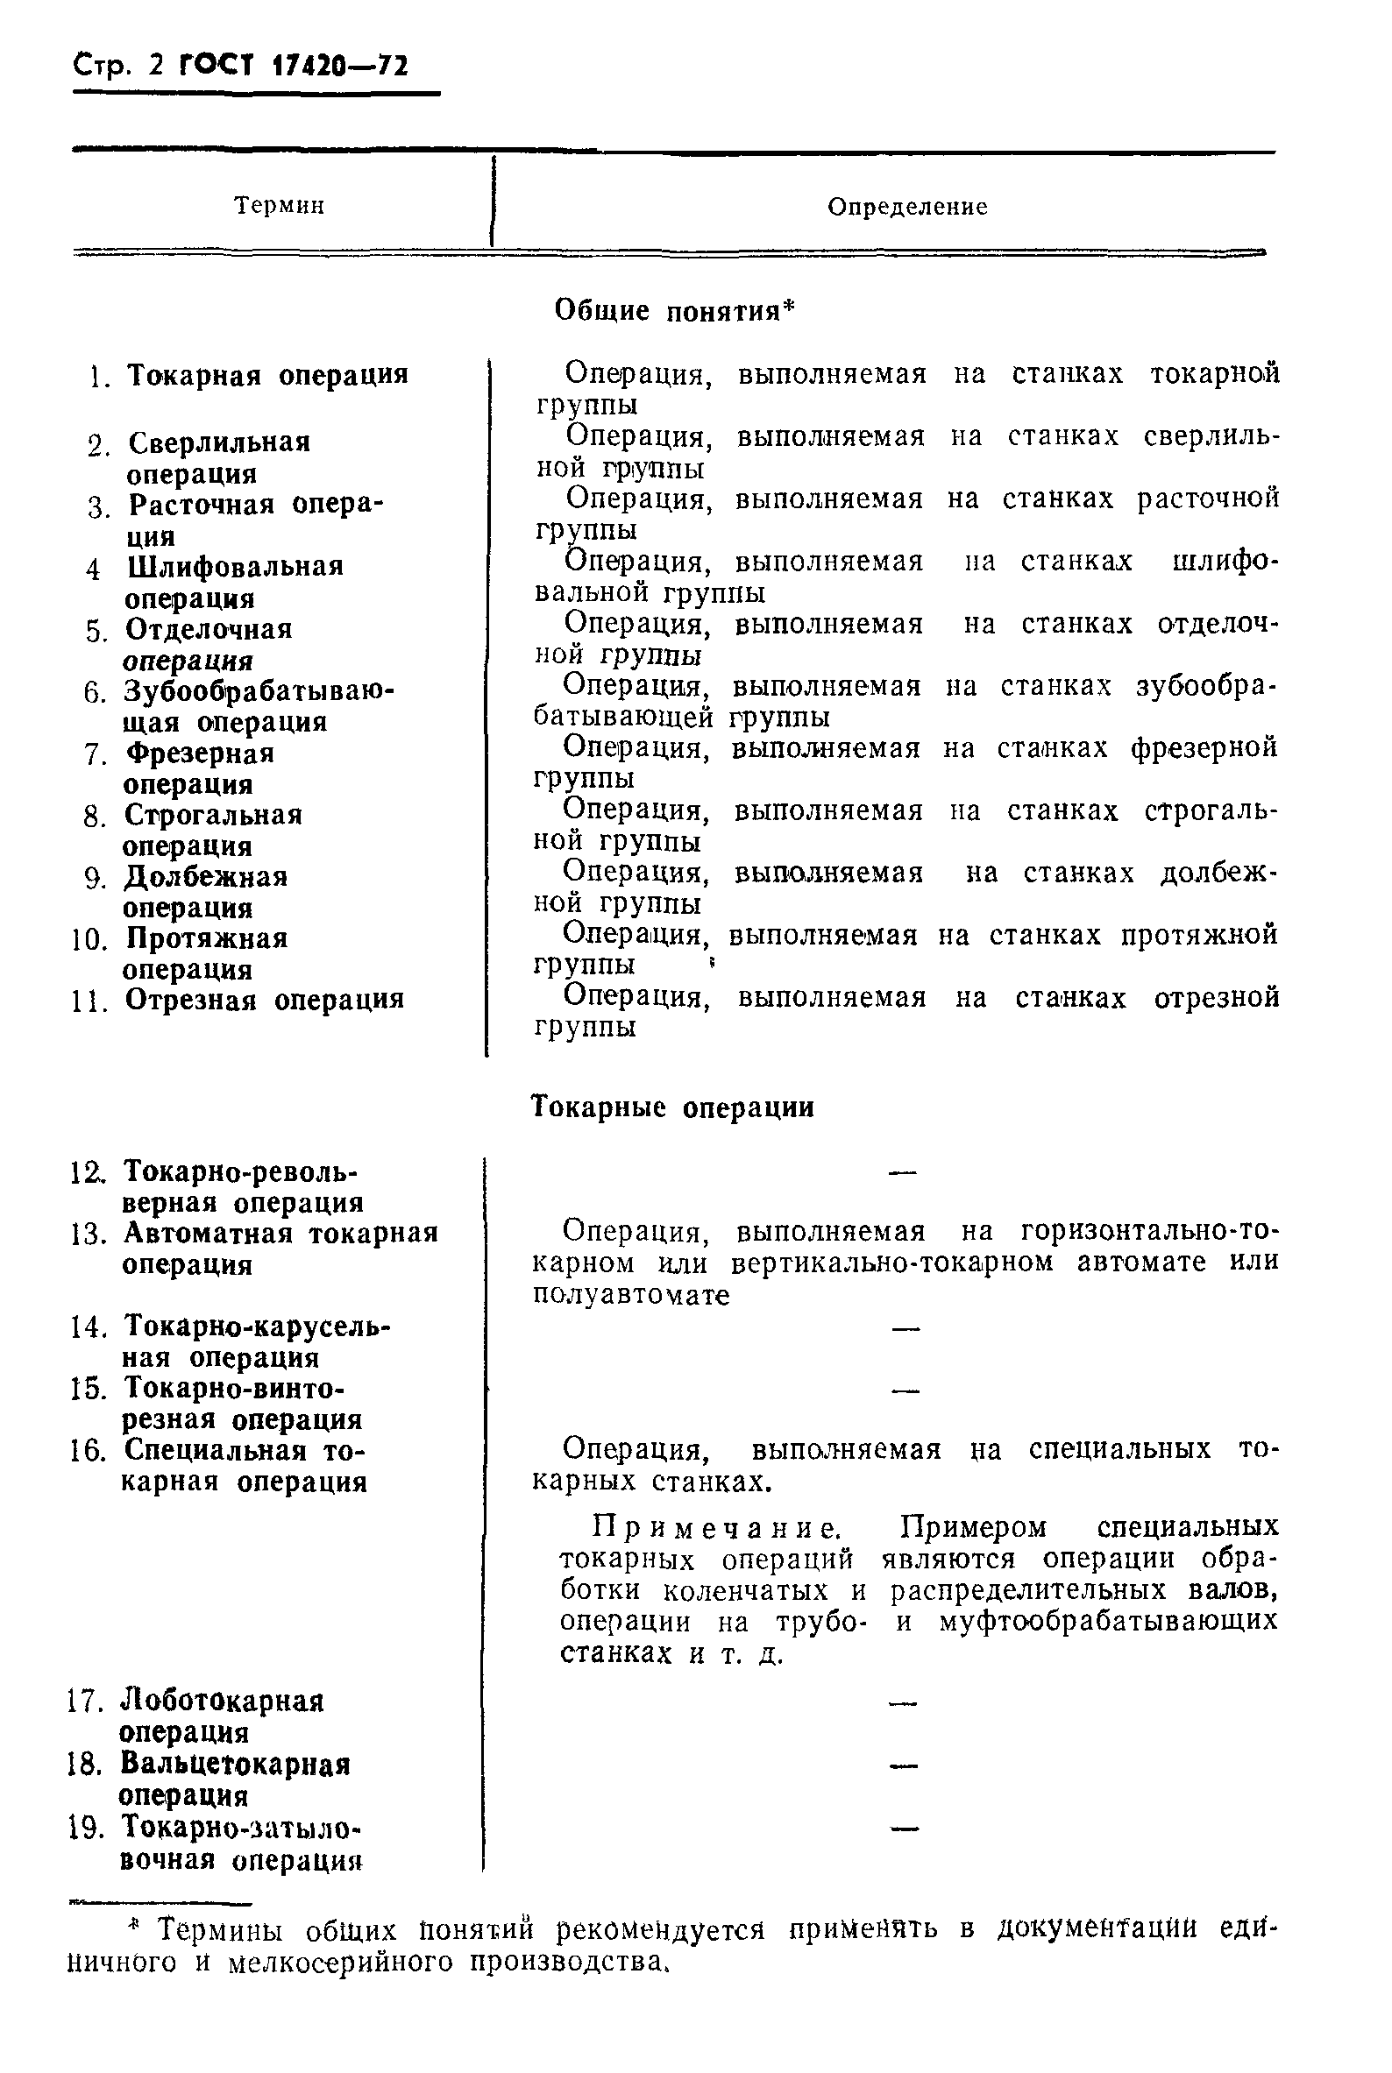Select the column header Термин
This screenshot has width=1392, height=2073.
(279, 206)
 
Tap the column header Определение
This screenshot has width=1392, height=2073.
(906, 207)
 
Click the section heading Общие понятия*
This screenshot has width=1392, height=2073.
(675, 310)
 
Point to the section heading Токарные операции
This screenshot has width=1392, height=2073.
(672, 1107)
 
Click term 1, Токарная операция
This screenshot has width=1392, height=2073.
(267, 374)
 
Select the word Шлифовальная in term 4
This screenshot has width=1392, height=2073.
(234, 566)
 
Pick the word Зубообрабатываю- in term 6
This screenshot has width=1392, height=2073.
(259, 690)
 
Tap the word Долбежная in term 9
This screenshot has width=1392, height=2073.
(205, 877)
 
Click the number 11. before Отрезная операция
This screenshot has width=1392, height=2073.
(89, 1000)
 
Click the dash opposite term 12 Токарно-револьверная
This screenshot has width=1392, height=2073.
(902, 1173)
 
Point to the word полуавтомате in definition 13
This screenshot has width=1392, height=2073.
(630, 1295)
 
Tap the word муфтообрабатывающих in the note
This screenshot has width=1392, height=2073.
(1107, 1621)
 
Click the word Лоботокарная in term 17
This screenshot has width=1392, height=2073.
(222, 1702)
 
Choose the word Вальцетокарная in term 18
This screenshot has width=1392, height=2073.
(235, 1765)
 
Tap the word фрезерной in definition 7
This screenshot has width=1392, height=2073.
(1204, 748)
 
